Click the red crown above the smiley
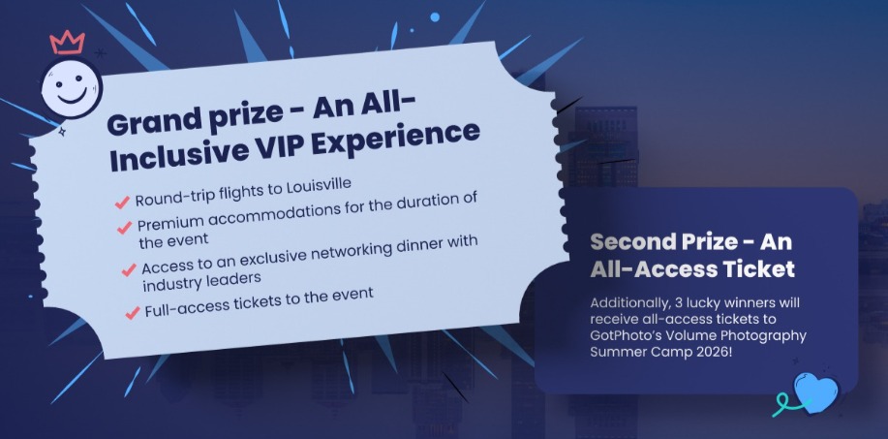coord(68,43)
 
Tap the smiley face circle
coord(72,88)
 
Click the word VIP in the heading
coord(278,144)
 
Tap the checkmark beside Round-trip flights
coord(122,203)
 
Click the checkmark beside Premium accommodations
coord(125,228)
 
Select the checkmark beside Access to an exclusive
coord(129,269)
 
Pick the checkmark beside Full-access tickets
coord(133,312)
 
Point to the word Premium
coord(166,224)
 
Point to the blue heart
coord(816,392)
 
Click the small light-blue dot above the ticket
coord(435,17)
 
